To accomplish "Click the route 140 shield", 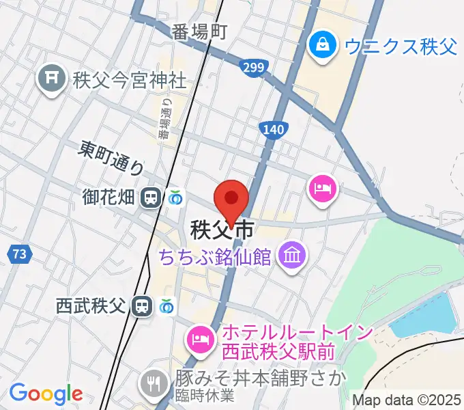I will pyautogui.click(x=272, y=130).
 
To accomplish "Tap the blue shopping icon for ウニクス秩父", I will pyautogui.click(x=319, y=46).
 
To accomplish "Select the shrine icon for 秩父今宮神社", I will pyautogui.click(x=51, y=79).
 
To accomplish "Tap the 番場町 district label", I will pyautogui.click(x=199, y=31).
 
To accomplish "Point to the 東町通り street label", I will pyautogui.click(x=112, y=156).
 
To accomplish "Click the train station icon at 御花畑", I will pyautogui.click(x=149, y=198).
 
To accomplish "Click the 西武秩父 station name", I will pyautogui.click(x=91, y=305).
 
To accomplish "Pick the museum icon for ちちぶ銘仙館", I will pyautogui.click(x=294, y=256).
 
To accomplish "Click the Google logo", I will pyautogui.click(x=46, y=394).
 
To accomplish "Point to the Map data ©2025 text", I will pyautogui.click(x=405, y=400).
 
